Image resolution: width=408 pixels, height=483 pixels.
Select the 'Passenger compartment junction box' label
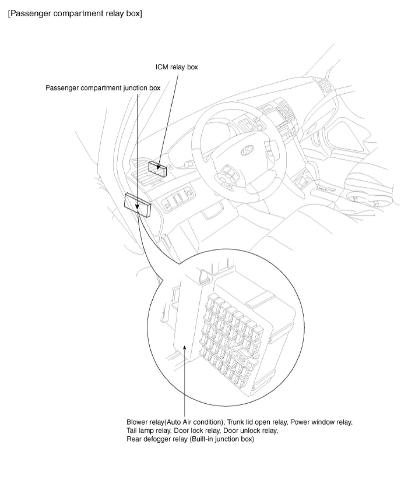click(x=103, y=88)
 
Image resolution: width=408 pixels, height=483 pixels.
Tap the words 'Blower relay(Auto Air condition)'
click(x=175, y=422)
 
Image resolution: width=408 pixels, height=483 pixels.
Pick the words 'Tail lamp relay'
click(x=148, y=431)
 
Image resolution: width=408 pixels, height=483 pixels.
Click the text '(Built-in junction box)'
click(x=222, y=439)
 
